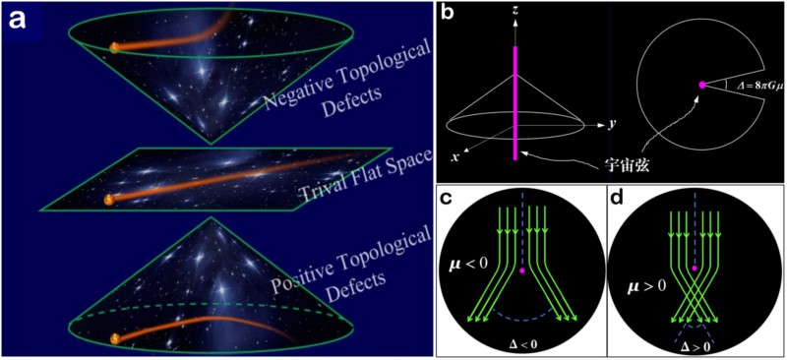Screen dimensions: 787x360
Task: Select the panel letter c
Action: tap(448, 199)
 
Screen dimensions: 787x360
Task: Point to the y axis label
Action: tap(611, 125)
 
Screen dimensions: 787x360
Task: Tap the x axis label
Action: tap(454, 156)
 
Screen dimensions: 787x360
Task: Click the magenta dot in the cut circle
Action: tap(702, 85)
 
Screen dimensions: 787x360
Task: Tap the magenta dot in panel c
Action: tap(522, 270)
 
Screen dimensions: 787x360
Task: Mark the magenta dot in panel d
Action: tap(695, 269)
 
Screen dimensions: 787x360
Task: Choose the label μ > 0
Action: tap(646, 287)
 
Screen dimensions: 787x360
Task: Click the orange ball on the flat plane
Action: tap(108, 200)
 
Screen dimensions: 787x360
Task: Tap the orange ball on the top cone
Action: tap(114, 47)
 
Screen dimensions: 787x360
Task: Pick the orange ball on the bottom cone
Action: tap(115, 339)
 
